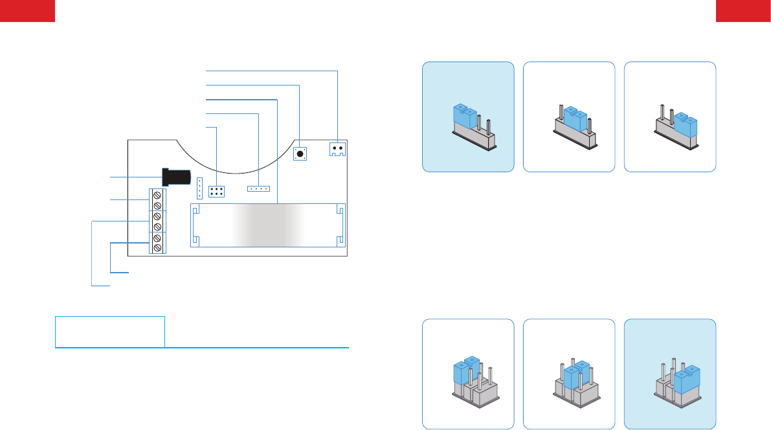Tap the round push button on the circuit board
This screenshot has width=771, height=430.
click(300, 154)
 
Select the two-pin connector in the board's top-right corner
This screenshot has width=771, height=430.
click(337, 148)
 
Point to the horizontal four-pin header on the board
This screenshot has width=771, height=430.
click(258, 189)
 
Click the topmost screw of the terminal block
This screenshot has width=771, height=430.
click(157, 195)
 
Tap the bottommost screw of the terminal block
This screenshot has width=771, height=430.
click(157, 249)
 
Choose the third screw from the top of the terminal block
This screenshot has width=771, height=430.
click(157, 216)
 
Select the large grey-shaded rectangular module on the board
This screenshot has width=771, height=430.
click(268, 225)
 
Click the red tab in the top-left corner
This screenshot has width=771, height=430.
click(27, 10)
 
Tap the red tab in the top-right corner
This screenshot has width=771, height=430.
click(743, 10)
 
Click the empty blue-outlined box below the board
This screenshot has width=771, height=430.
click(109, 332)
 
